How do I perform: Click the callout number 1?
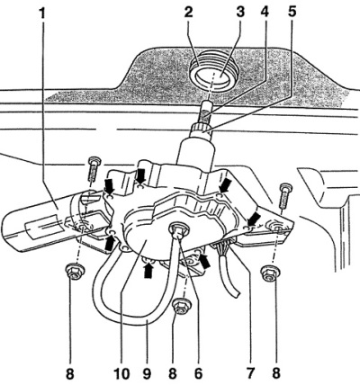[43, 13]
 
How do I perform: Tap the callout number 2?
[188, 13]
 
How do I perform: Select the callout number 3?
[240, 13]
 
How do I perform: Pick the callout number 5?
[291, 13]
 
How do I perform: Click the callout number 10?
[121, 373]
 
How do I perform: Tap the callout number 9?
[147, 373]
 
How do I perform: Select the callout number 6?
[198, 373]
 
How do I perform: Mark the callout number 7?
[250, 373]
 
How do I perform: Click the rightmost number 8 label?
[276, 373]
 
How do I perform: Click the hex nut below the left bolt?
[74, 271]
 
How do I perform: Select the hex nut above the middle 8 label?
[181, 306]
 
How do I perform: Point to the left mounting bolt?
[94, 169]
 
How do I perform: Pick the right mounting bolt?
[285, 196]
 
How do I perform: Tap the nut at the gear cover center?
[179, 230]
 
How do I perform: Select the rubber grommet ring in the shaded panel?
[212, 76]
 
